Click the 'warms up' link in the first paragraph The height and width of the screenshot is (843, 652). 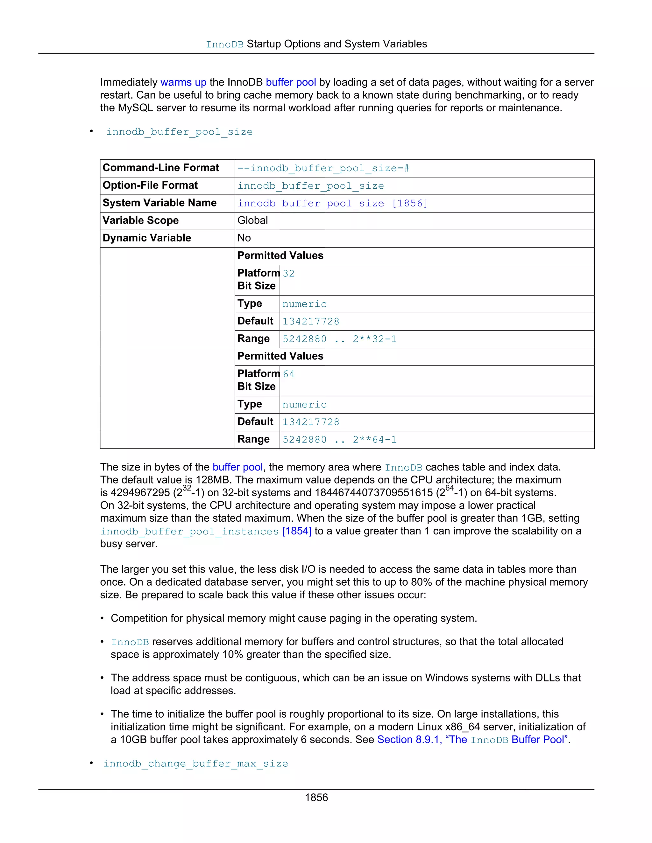(183, 82)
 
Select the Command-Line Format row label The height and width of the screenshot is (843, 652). (161, 168)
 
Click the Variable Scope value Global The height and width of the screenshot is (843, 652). (252, 220)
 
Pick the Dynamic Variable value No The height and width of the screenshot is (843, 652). (244, 238)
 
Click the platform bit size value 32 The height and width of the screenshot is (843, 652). (288, 274)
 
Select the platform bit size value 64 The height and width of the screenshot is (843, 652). (288, 374)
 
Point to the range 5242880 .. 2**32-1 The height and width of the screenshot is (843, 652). (339, 339)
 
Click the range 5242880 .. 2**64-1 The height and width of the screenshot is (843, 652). (339, 440)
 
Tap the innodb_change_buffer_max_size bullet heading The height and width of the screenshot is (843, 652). (195, 763)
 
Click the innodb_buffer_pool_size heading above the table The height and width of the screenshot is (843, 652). (179, 132)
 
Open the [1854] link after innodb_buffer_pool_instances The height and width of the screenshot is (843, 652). (297, 531)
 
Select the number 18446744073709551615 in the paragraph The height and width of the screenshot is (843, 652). (373, 493)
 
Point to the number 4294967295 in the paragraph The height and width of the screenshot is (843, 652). (140, 493)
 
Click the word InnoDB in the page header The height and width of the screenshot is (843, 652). (224, 45)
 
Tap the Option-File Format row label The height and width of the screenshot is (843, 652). (150, 186)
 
